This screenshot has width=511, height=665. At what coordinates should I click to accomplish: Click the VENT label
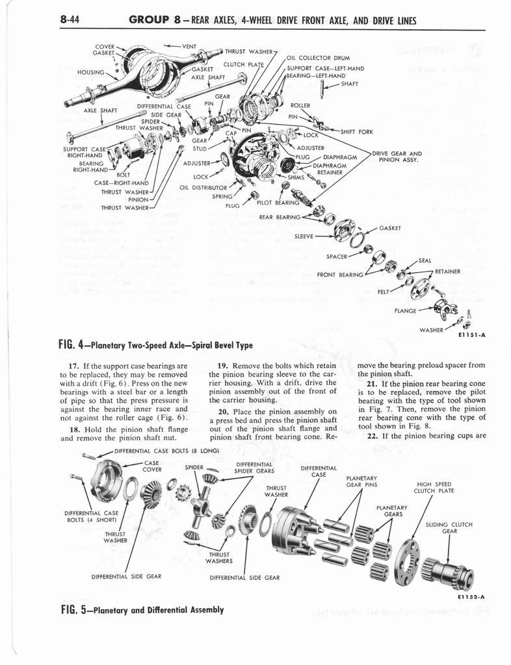click(x=189, y=46)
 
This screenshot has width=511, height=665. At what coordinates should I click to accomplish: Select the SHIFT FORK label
click(x=356, y=132)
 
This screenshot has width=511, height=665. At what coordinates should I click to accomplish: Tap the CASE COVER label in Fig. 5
click(x=151, y=466)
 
